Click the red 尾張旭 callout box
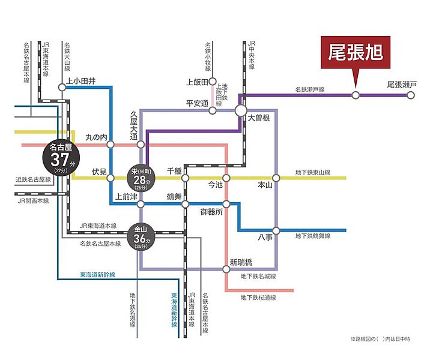355,52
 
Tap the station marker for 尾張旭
356,95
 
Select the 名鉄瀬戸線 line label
310,89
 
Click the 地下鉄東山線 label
313,172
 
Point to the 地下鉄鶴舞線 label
313,236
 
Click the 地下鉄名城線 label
259,277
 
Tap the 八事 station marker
276,230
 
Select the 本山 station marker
276,178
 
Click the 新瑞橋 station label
241,262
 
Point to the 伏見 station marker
111,178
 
